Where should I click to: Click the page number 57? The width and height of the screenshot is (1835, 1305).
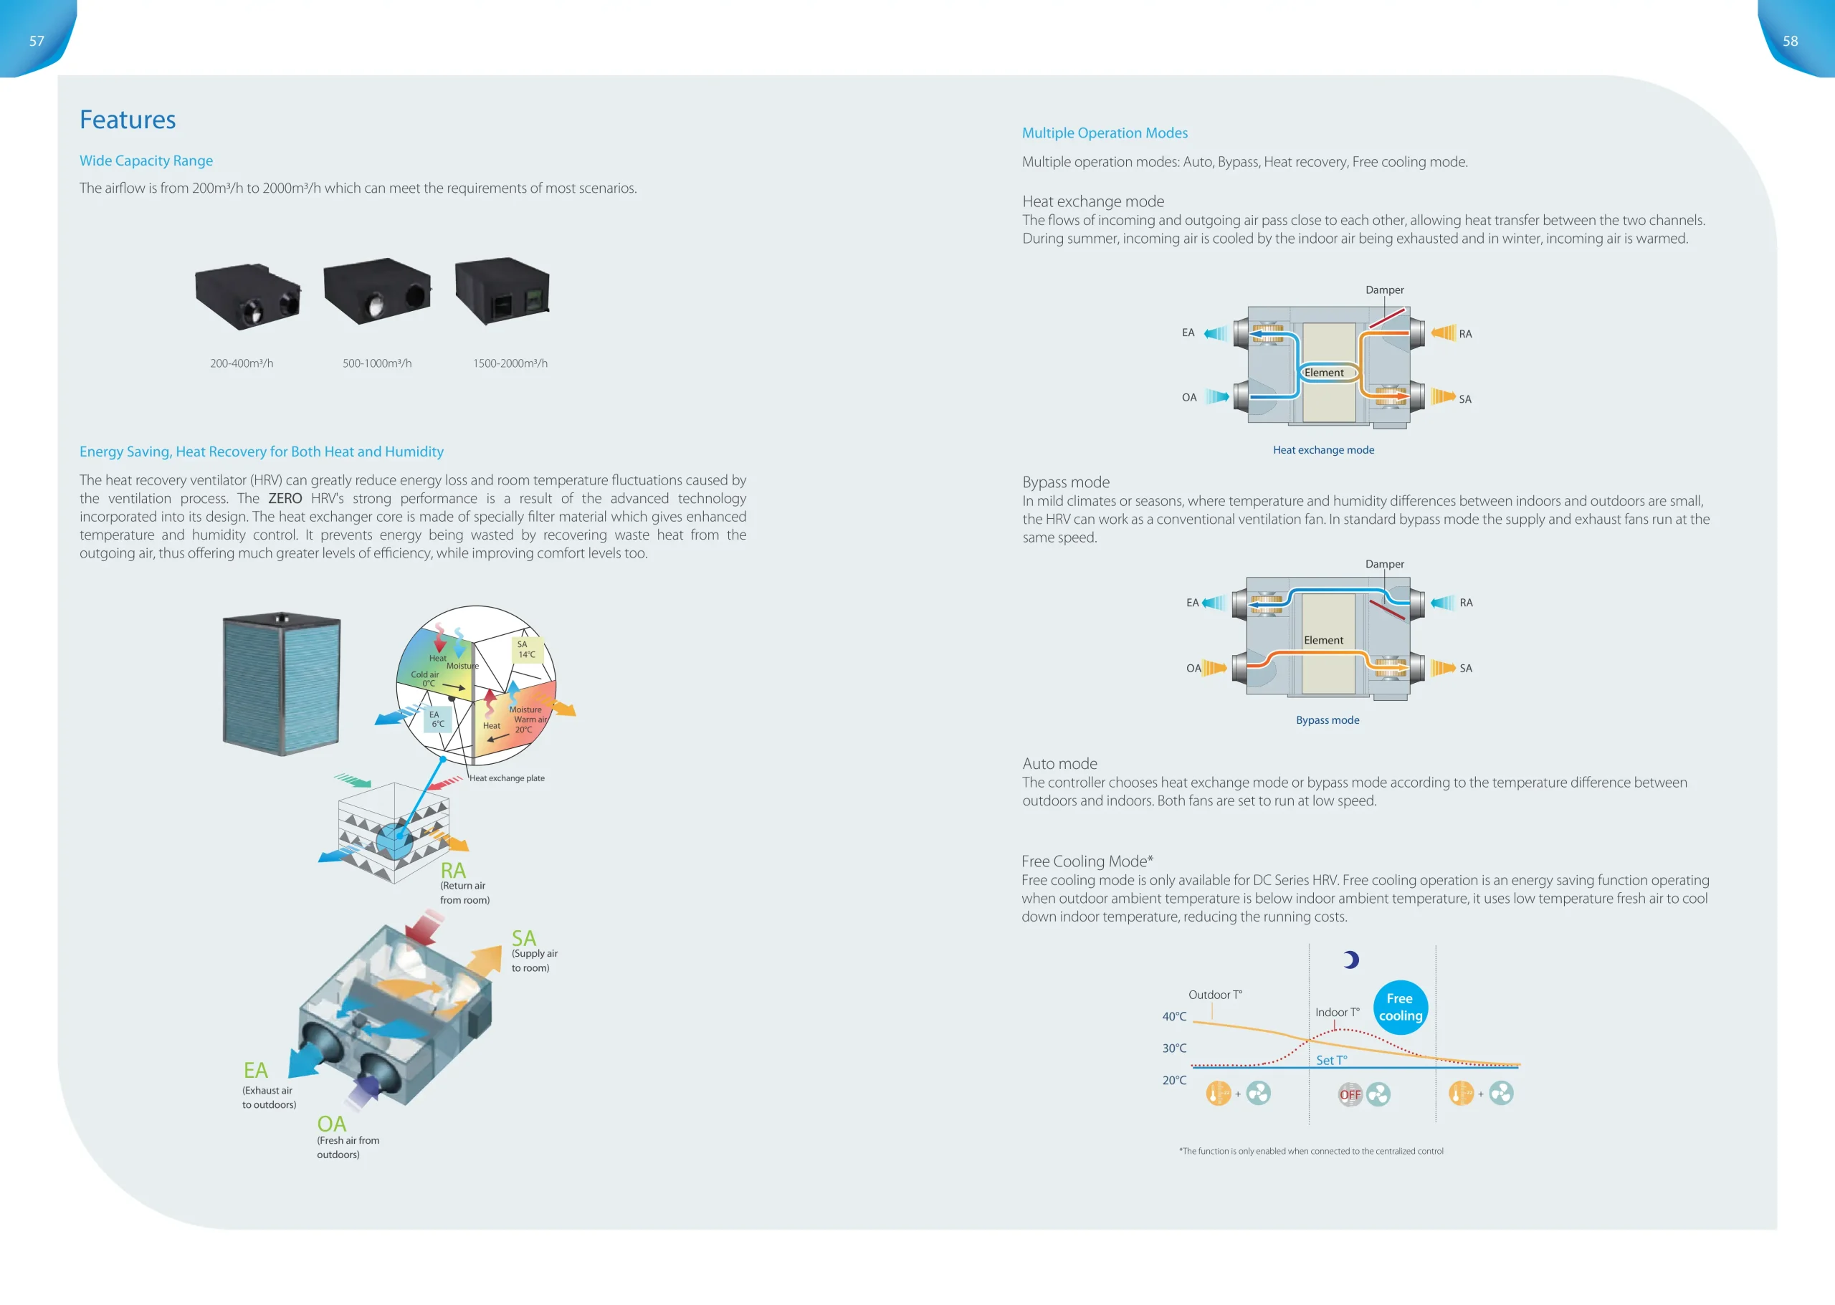(37, 41)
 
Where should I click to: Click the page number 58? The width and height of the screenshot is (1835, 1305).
(1790, 41)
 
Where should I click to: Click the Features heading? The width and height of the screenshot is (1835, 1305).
(127, 120)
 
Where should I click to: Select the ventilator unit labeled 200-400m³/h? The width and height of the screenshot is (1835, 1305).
(247, 296)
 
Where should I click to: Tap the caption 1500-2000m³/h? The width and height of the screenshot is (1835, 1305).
(510, 363)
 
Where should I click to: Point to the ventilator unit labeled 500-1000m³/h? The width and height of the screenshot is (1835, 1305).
(376, 291)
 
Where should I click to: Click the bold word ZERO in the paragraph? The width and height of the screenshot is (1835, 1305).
(285, 498)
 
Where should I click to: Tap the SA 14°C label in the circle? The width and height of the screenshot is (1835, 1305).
(526, 649)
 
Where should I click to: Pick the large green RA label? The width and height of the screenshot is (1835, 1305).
(452, 870)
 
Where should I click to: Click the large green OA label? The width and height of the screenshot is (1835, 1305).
(331, 1124)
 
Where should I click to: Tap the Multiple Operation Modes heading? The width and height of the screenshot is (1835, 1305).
(1105, 133)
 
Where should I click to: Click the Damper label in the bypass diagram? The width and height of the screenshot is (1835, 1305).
(1384, 564)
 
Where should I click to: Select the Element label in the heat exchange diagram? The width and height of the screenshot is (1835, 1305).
(1324, 373)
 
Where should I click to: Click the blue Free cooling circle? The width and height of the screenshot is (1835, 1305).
(1400, 1007)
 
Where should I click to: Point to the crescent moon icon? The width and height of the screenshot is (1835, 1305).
(1351, 960)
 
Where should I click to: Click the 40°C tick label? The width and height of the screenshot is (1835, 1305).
(1173, 1016)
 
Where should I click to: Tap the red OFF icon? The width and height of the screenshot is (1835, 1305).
(1350, 1094)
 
